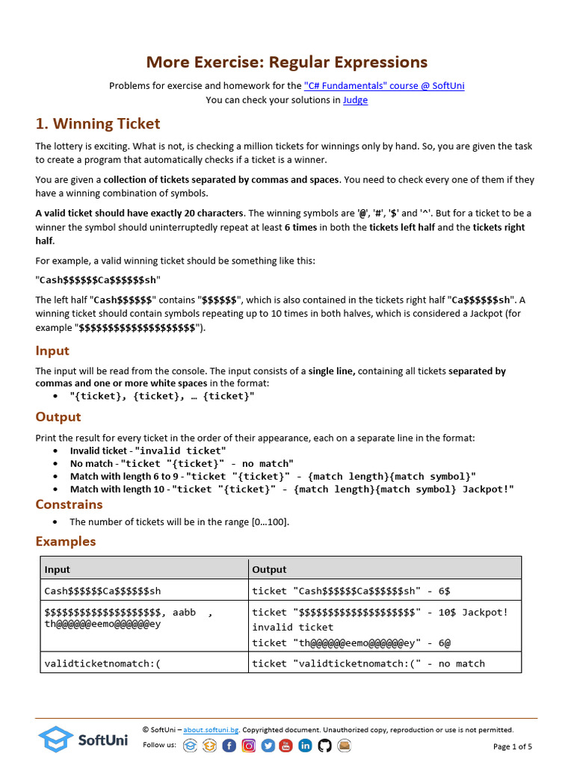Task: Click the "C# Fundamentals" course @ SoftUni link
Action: tap(384, 86)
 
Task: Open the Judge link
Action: tap(355, 100)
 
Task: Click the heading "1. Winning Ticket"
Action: tap(98, 124)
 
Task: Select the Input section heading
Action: tap(52, 351)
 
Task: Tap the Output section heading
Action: tap(58, 417)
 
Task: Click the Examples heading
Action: tap(66, 542)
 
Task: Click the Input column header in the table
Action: tap(58, 569)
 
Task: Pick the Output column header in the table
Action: tap(269, 569)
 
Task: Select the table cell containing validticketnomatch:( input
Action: tap(103, 663)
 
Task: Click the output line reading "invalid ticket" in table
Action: tap(293, 628)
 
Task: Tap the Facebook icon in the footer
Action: tap(229, 745)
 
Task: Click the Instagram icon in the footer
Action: tap(249, 745)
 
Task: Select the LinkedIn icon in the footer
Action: tap(306, 745)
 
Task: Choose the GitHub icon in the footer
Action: tap(324, 745)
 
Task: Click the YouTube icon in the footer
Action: tap(286, 745)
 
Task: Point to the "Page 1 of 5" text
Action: tap(513, 746)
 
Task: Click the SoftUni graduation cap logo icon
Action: tap(55, 740)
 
